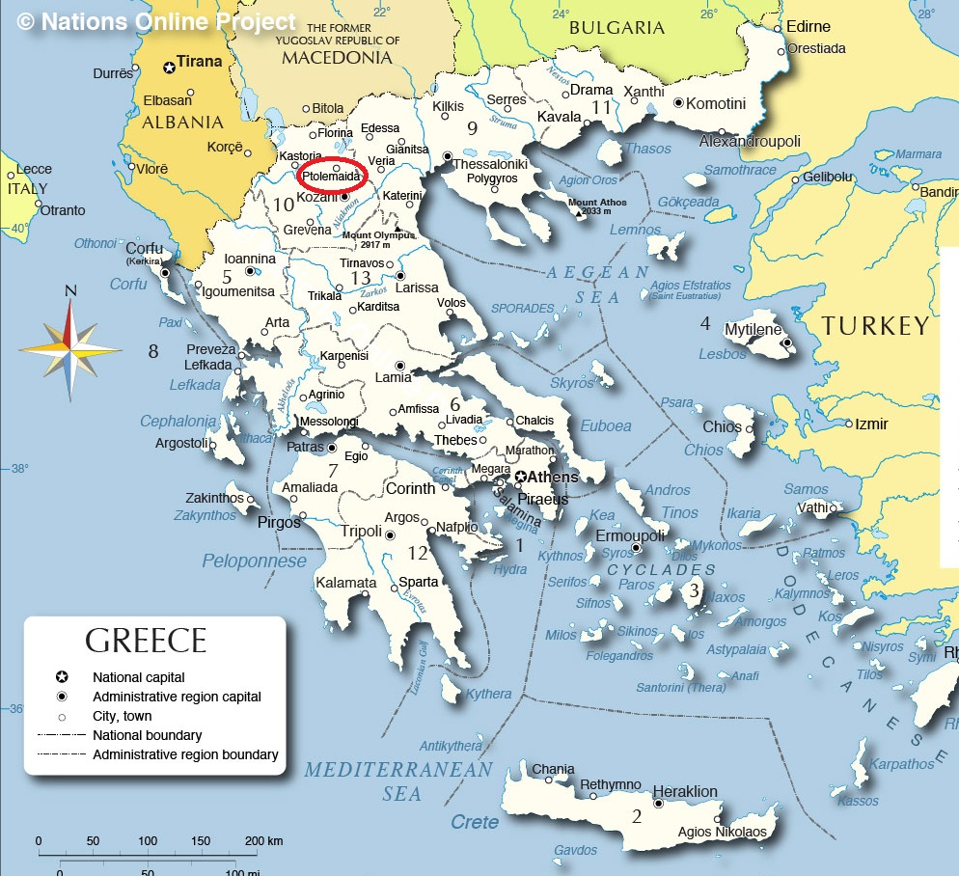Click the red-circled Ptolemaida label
(331, 177)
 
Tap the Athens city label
(553, 477)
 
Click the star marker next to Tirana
(170, 67)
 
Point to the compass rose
(70, 348)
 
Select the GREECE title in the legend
(146, 642)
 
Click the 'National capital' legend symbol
(62, 677)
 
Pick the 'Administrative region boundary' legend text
(185, 754)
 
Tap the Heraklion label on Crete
(685, 791)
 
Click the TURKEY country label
(875, 326)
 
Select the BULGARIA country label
(616, 28)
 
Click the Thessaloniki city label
(490, 164)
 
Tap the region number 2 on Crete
(636, 817)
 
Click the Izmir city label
(871, 424)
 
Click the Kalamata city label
(345, 583)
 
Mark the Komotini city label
(716, 103)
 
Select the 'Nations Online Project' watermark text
(157, 21)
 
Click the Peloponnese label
(254, 561)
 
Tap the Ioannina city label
(250, 259)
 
